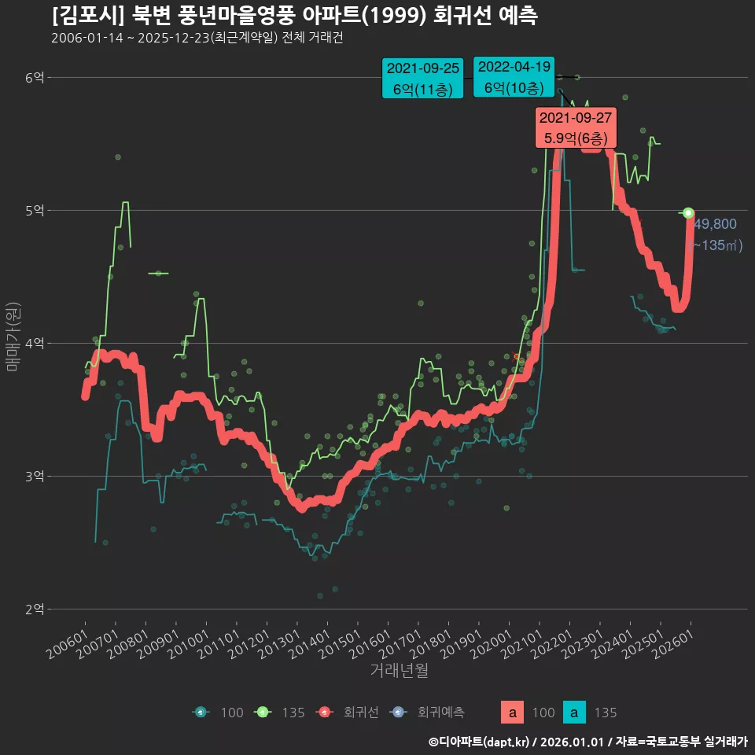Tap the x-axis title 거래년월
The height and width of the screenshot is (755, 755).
pos(399,671)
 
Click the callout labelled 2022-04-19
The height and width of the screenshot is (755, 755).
pos(514,77)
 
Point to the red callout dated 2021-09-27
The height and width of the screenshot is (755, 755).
pos(576,127)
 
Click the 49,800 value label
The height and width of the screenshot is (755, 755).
pos(716,224)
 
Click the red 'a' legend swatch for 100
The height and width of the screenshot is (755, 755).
pos(513,713)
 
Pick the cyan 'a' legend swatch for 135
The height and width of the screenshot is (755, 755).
pos(575,713)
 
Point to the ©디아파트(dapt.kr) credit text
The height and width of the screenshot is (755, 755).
pos(481,741)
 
